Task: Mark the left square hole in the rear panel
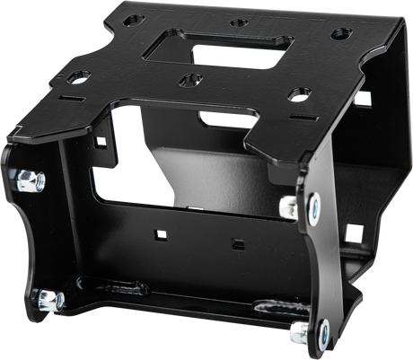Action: (161, 235)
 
